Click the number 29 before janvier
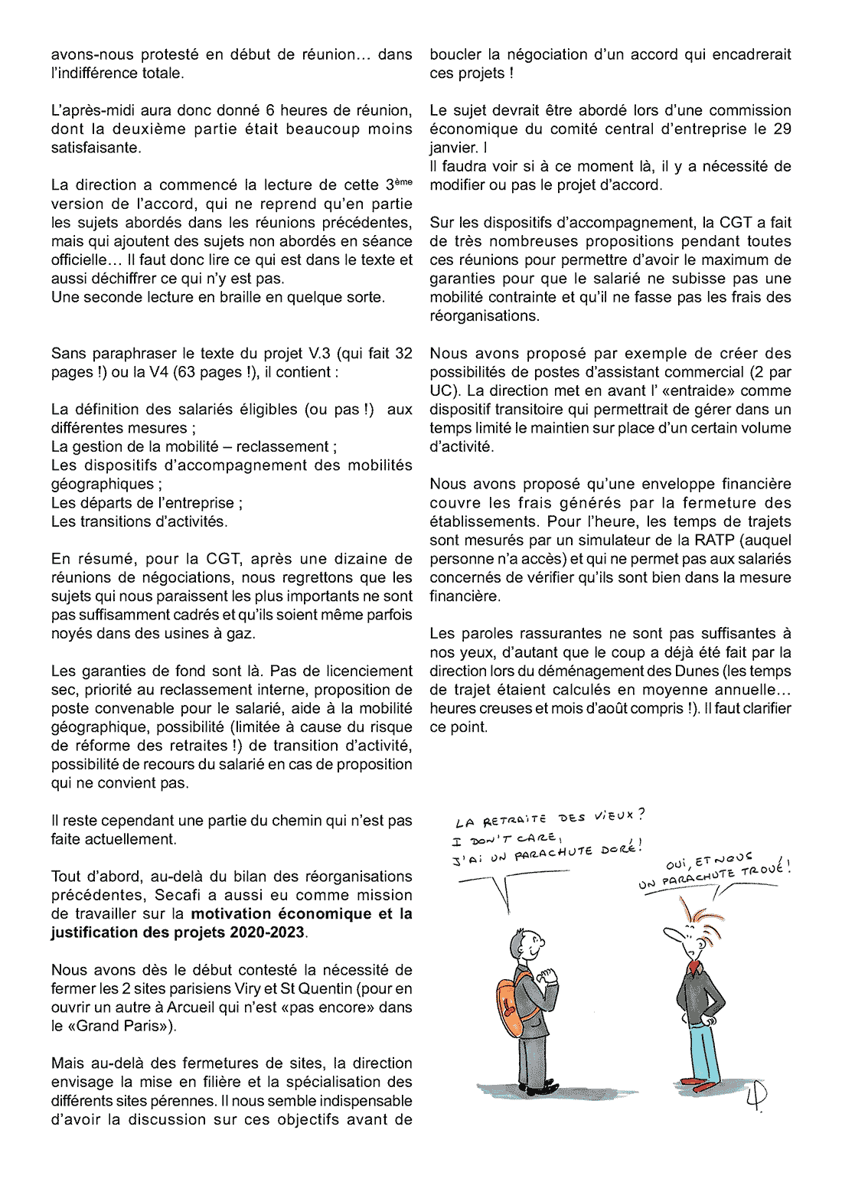pos(782,129)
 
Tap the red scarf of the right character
pos(694,967)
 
